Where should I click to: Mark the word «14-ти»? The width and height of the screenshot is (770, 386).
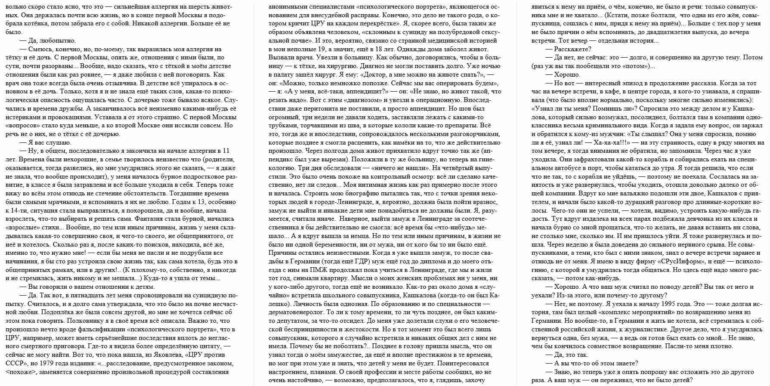pyautogui.click(x=14, y=210)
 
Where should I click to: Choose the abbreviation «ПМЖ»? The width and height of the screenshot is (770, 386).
pyautogui.click(x=318, y=270)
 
